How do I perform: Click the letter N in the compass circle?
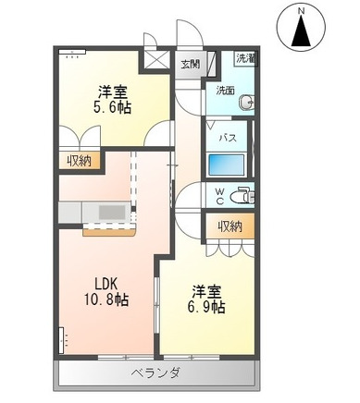pyautogui.click(x=303, y=10)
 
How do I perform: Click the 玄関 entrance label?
pyautogui.click(x=190, y=64)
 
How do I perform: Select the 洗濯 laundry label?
pyautogui.click(x=245, y=58)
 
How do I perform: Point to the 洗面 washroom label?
pyautogui.click(x=226, y=91)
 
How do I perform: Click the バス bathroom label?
pyautogui.click(x=225, y=137)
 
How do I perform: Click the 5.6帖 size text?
pyautogui.click(x=112, y=107)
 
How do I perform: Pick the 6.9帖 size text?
pyautogui.click(x=206, y=307)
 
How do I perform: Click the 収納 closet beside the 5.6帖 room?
pyautogui.click(x=78, y=161)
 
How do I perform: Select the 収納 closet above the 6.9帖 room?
pyautogui.click(x=230, y=226)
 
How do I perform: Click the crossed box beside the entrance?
pyautogui.click(x=153, y=62)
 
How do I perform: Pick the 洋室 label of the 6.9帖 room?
pyautogui.click(x=205, y=289)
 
